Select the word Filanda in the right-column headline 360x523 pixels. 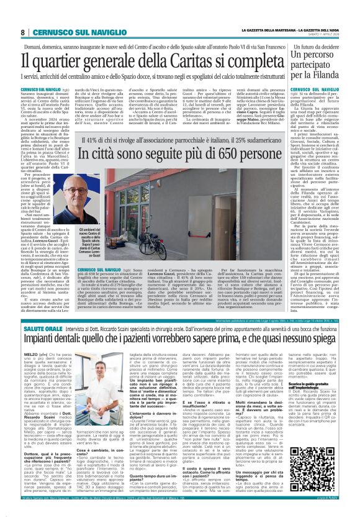(329, 78)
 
